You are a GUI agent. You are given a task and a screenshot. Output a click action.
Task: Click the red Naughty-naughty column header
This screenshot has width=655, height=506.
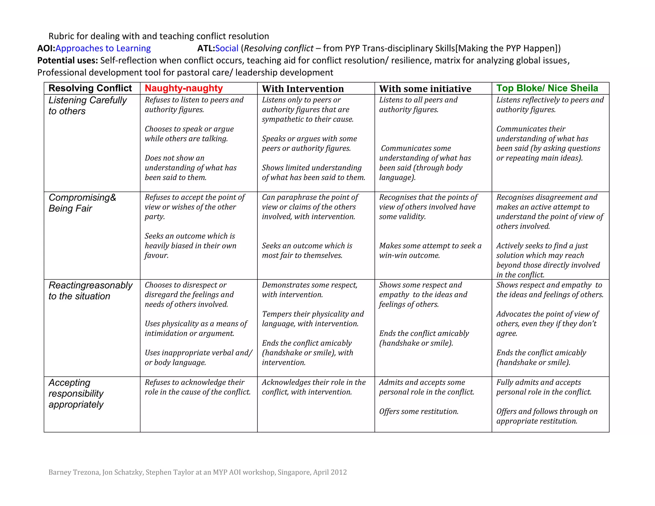pyautogui.click(x=184, y=88)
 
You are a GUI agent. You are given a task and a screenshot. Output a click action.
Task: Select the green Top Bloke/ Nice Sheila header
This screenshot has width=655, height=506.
pyautogui.click(x=547, y=88)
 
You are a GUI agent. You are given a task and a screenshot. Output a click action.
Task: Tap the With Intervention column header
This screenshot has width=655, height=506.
pyautogui.click(x=303, y=89)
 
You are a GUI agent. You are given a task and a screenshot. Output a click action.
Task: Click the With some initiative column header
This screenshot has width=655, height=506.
pyautogui.click(x=425, y=89)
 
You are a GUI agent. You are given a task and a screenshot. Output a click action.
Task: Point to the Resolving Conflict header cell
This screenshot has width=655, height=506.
pyautogui.click(x=90, y=88)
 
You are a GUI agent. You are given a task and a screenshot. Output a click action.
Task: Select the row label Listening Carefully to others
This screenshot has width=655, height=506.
pyautogui.click(x=87, y=106)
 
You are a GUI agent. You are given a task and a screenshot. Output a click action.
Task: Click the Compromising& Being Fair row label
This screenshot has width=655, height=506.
pyautogui.click(x=82, y=203)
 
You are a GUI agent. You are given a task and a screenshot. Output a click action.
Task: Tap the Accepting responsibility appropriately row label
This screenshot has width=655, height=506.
pyautogui.click(x=76, y=393)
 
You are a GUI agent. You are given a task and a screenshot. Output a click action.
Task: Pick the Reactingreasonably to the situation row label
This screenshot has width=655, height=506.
pyautogui.click(x=90, y=290)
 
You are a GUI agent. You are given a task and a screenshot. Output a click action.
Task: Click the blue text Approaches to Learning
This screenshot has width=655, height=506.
pyautogui.click(x=103, y=48)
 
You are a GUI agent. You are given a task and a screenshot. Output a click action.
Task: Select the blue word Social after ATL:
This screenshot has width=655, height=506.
pyautogui.click(x=227, y=48)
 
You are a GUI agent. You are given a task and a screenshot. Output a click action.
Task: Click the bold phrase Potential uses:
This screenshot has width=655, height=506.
pyautogui.click(x=67, y=60)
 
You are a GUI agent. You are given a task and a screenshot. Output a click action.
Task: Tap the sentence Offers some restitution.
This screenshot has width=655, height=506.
pyautogui.click(x=419, y=411)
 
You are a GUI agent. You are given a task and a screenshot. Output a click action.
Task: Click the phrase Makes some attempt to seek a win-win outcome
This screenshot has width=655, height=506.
pyautogui.click(x=430, y=250)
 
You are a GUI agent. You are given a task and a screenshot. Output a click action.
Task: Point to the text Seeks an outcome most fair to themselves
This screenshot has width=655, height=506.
pyautogui.click(x=307, y=250)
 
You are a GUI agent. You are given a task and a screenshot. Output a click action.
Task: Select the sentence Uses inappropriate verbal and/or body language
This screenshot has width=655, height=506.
pyautogui.click(x=198, y=358)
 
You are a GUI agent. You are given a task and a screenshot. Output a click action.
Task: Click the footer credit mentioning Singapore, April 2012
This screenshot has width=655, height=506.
pyautogui.click(x=197, y=472)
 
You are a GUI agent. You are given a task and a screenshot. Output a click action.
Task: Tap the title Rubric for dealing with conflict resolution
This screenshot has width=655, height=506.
pyautogui.click(x=159, y=36)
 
